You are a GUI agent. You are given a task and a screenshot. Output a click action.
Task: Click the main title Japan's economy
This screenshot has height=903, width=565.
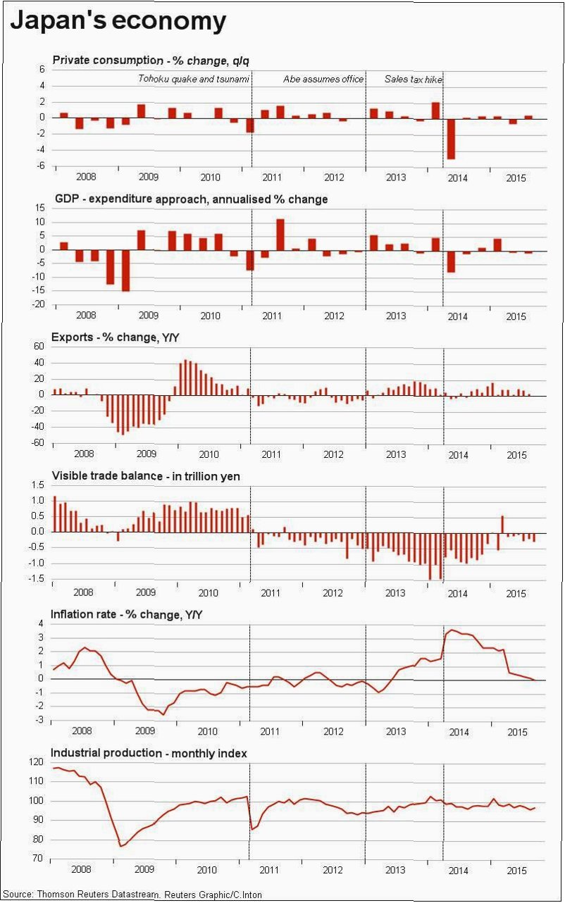[x=118, y=20]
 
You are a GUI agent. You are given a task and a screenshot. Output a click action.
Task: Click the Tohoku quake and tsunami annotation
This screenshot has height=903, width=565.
[x=194, y=80]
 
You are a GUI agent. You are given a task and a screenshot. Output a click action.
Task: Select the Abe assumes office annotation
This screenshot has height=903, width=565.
[x=323, y=80]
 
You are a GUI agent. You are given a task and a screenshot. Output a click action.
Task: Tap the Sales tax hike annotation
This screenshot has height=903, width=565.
[x=414, y=80]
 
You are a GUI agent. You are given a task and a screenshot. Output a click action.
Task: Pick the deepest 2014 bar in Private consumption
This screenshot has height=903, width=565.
[x=451, y=139]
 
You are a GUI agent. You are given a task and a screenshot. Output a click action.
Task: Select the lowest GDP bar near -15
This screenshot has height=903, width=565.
[x=125, y=270]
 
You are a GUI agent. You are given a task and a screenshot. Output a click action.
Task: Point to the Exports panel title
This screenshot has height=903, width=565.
[x=116, y=337]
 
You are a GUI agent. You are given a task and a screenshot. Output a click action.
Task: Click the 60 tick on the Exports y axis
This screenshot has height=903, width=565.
[x=38, y=347]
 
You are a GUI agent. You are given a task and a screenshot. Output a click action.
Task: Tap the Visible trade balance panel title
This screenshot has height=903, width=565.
[x=147, y=477]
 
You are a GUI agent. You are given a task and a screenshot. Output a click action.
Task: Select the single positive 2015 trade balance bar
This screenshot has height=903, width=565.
[x=502, y=524]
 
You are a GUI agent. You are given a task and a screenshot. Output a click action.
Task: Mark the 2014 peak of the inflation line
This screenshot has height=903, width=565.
[x=452, y=630]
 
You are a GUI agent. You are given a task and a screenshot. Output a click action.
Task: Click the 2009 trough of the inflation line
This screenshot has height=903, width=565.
[x=164, y=714]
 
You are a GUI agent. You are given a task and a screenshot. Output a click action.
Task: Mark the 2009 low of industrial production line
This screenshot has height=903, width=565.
[x=120, y=846]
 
